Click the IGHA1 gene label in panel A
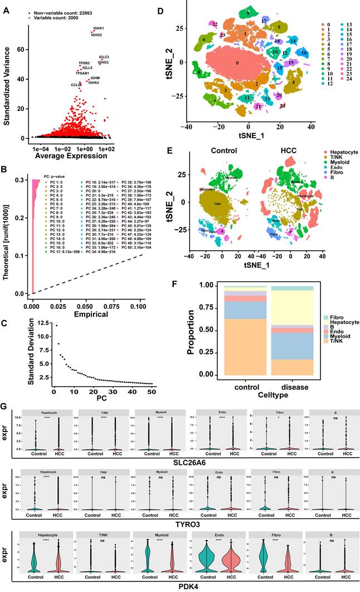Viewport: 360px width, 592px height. (98, 28)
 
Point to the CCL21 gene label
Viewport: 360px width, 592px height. (76, 84)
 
